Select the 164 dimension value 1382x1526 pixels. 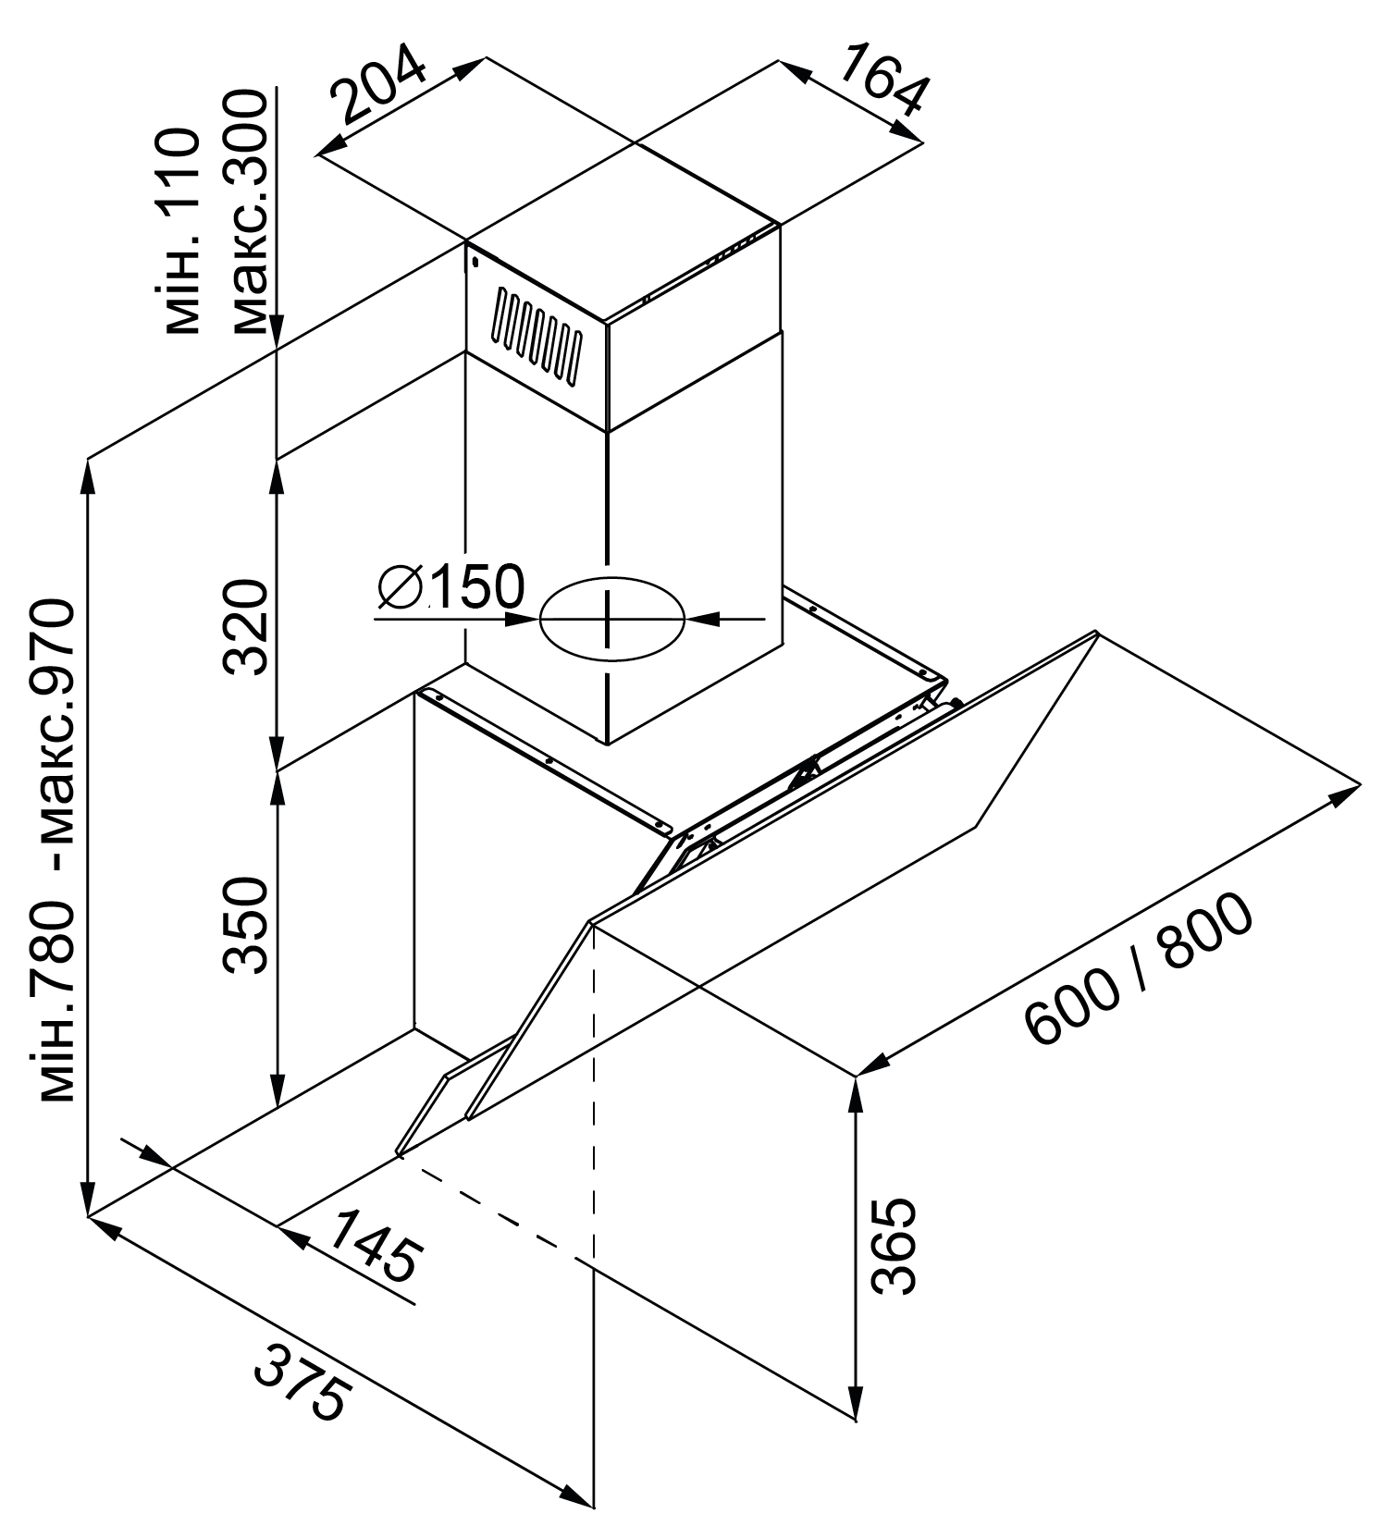pyautogui.click(x=882, y=80)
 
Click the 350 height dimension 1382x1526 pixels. pyautogui.click(x=247, y=926)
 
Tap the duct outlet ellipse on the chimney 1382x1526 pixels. pyautogui.click(x=611, y=619)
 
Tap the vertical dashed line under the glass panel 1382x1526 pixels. pyautogui.click(x=593, y=1091)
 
